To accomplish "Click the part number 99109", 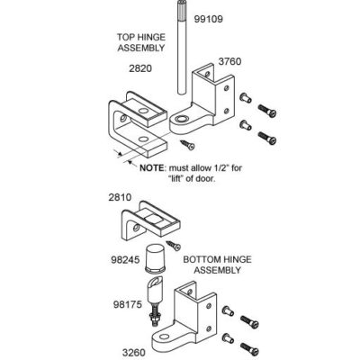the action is (x=209, y=19).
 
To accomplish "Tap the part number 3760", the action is (x=229, y=61).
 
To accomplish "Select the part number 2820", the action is (x=140, y=68).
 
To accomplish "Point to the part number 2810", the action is (x=120, y=197).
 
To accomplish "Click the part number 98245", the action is (x=125, y=260).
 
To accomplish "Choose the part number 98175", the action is (x=128, y=304).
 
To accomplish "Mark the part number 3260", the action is (x=134, y=353).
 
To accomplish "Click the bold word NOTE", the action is (x=152, y=167).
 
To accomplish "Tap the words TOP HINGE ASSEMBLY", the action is (x=141, y=42).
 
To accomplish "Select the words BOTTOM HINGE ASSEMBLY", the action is (x=217, y=265).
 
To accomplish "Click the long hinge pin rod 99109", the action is (x=182, y=48).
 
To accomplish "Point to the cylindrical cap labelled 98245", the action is (x=155, y=258).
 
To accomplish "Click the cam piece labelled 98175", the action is (x=155, y=291).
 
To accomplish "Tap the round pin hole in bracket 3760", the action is (x=181, y=120).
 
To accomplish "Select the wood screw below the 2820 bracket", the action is (x=187, y=145).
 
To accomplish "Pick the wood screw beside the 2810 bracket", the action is (x=174, y=246).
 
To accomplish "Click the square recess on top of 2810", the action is (x=154, y=220).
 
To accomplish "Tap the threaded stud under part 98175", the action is (x=155, y=316).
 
